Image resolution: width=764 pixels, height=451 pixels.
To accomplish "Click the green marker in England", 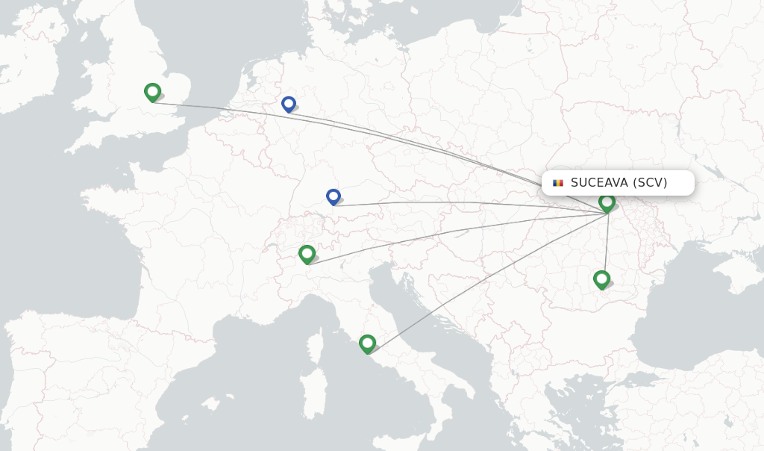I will [x=152, y=92].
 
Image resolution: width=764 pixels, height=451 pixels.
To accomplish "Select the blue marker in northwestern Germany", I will [x=289, y=104].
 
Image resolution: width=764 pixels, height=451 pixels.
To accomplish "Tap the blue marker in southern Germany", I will [x=334, y=196].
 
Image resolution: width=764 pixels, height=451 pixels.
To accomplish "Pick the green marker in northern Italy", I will [x=307, y=254].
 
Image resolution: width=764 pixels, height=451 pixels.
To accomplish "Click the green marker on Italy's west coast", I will [x=367, y=343].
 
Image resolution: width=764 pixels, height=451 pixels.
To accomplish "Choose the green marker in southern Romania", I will [x=601, y=279].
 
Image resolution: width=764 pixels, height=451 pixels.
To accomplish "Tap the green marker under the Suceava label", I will [x=607, y=202].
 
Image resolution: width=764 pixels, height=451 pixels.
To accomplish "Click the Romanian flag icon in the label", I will [x=557, y=183].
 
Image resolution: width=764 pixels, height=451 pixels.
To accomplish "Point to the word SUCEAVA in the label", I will [x=599, y=183].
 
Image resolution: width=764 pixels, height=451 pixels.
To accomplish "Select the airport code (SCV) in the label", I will [x=650, y=183].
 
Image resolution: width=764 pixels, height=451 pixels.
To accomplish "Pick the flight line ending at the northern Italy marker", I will [x=448, y=239].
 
